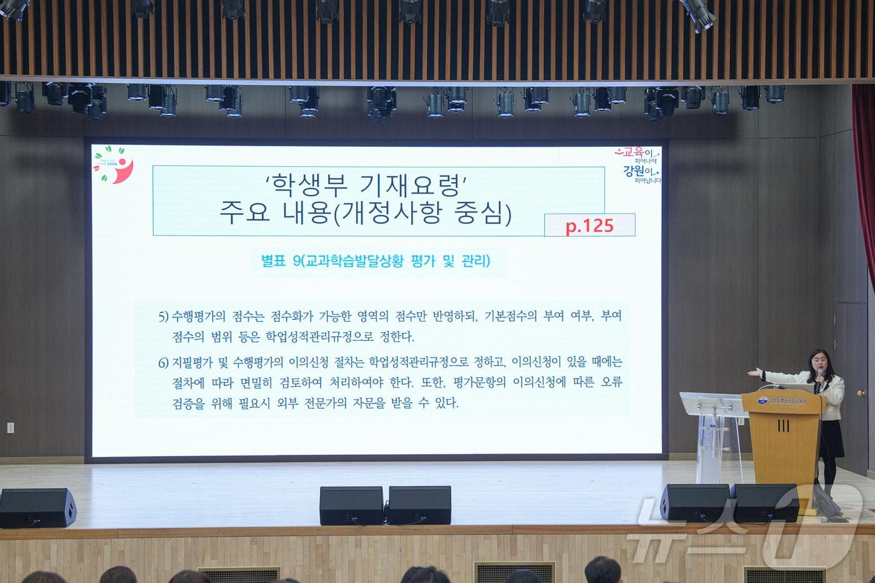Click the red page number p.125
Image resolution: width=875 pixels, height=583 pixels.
589,226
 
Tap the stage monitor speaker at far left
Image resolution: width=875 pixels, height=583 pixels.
37,507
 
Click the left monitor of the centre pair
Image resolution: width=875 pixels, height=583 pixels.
351,506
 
